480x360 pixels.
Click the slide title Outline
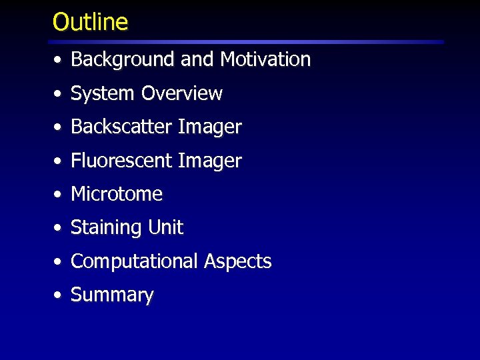click(x=90, y=22)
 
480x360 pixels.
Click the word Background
click(x=123, y=59)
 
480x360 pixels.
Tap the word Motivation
click(x=265, y=59)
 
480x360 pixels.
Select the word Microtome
click(x=117, y=194)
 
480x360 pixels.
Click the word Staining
click(x=107, y=228)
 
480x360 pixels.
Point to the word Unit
click(x=165, y=227)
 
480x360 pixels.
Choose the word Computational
click(x=134, y=261)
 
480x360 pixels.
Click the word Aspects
click(x=238, y=261)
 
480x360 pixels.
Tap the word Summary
click(x=112, y=295)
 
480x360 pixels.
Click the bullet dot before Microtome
click(x=59, y=195)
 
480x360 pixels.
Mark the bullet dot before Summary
click(x=59, y=295)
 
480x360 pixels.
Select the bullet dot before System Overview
click(x=59, y=94)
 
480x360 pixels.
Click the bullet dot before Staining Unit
click(x=59, y=228)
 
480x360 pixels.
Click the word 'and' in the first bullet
click(x=196, y=59)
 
